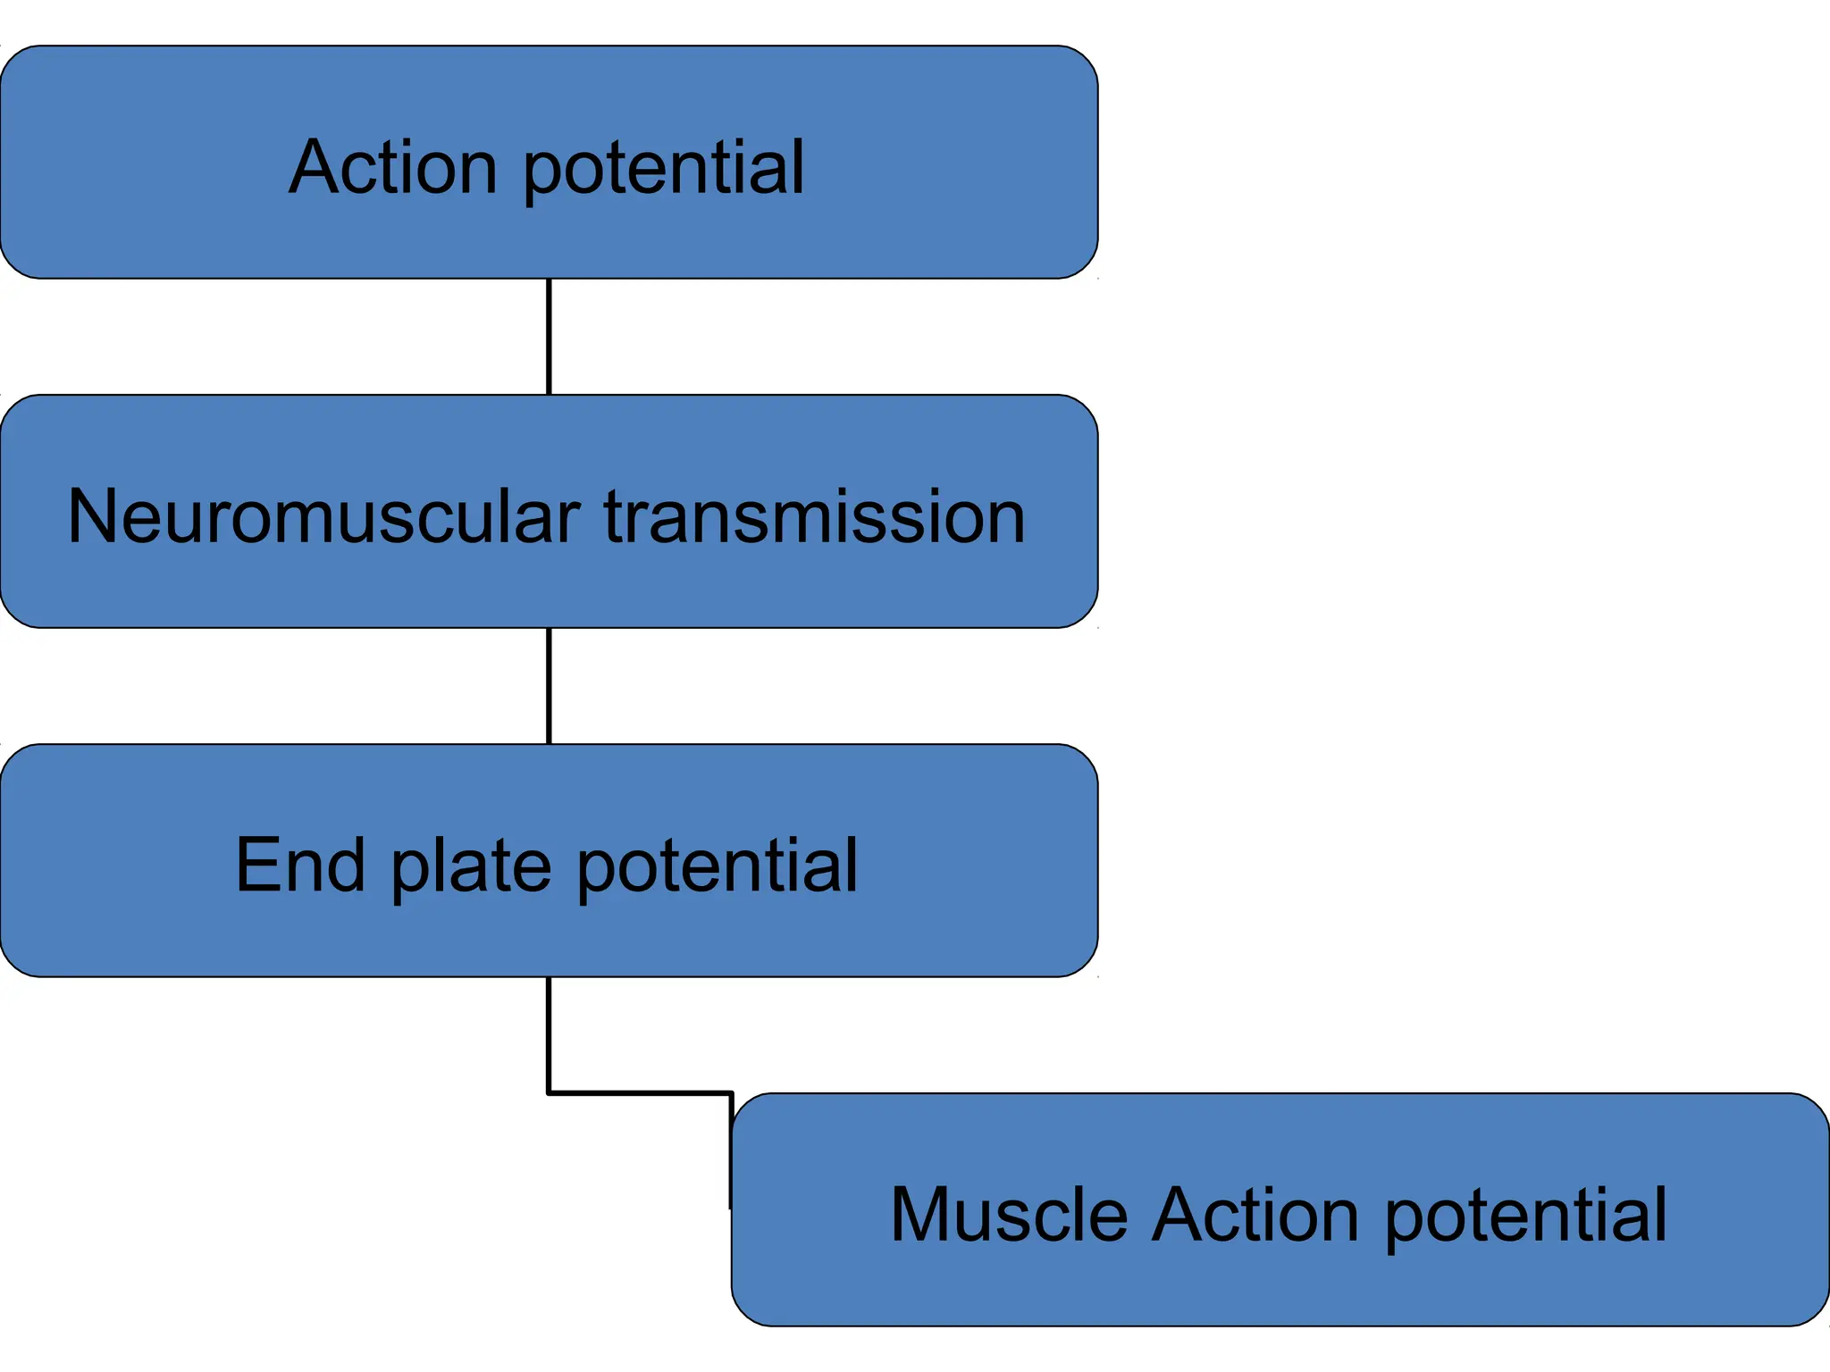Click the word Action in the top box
(x=393, y=167)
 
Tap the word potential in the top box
(x=663, y=170)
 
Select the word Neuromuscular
(x=323, y=516)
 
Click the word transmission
(x=814, y=516)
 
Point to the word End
(x=300, y=865)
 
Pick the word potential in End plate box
(x=717, y=866)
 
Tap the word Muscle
(x=1009, y=1214)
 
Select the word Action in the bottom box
(x=1255, y=1214)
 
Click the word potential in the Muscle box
(x=1525, y=1217)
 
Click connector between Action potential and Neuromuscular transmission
(x=549, y=337)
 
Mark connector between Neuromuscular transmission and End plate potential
(x=549, y=686)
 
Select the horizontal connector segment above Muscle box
(x=640, y=1092)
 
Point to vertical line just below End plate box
(x=549, y=1034)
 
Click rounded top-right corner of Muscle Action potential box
(x=1813, y=1108)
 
